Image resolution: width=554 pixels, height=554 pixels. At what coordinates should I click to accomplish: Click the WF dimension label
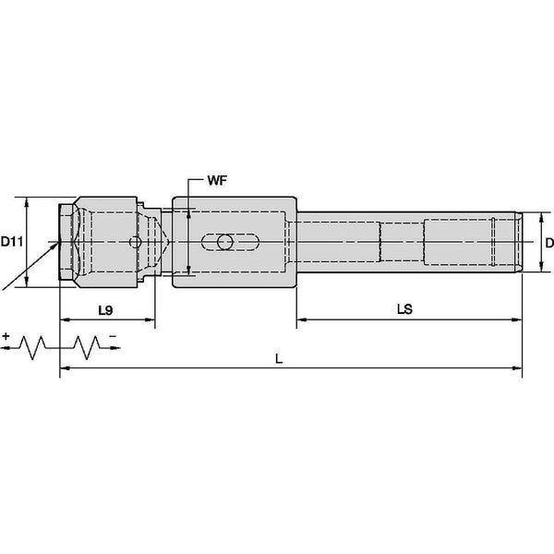tap(217, 181)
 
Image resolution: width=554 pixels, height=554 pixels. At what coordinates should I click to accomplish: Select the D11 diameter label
tap(12, 242)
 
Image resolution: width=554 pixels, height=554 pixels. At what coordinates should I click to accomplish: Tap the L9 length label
tap(105, 310)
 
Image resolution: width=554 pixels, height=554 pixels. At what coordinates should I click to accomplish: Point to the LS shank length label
tap(404, 309)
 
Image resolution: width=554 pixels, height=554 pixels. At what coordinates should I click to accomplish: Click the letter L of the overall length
tap(279, 359)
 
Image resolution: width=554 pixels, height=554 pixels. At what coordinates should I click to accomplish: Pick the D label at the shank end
tap(549, 243)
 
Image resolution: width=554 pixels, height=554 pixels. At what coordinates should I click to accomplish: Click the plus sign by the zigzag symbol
tap(6, 336)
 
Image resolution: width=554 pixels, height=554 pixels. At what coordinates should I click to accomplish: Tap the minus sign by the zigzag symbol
tap(113, 336)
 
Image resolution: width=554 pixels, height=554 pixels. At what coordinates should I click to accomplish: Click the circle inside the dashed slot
tap(225, 242)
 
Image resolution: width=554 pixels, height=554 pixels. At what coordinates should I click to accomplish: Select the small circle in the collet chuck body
tap(136, 242)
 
